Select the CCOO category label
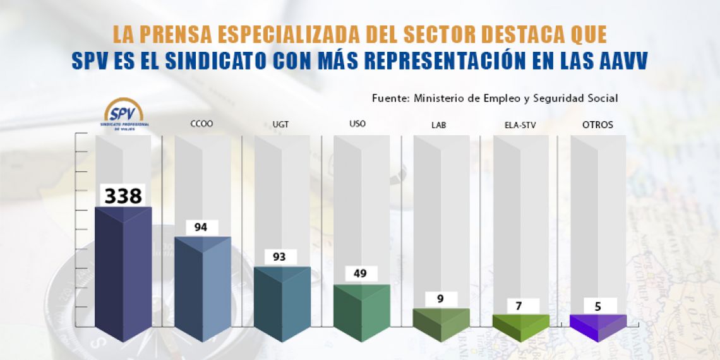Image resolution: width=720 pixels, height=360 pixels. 201,124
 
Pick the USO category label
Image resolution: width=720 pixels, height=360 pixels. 357,124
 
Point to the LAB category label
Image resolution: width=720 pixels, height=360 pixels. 438,125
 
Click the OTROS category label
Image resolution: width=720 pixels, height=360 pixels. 597,125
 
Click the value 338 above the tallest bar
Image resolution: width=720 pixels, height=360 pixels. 123,196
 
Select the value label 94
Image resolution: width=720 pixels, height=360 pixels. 201,227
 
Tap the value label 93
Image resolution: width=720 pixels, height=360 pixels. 279,257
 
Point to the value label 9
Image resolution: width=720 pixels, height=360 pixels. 440,299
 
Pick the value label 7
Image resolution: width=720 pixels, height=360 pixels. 519,306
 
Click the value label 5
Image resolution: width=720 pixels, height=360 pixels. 597,306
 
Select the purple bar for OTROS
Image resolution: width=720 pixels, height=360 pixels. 598,323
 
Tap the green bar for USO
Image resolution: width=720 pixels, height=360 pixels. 361,313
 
